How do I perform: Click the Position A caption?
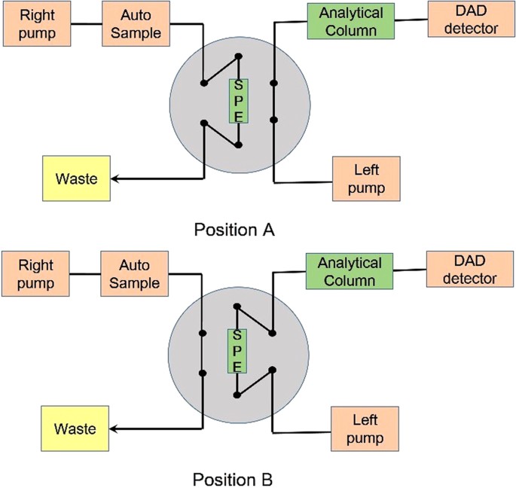click(x=236, y=230)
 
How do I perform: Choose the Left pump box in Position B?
click(x=365, y=429)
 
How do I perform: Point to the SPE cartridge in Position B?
click(x=236, y=351)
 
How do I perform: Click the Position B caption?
click(x=236, y=479)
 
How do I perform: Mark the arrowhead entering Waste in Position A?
click(x=115, y=179)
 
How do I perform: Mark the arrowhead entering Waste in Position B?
click(x=115, y=429)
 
